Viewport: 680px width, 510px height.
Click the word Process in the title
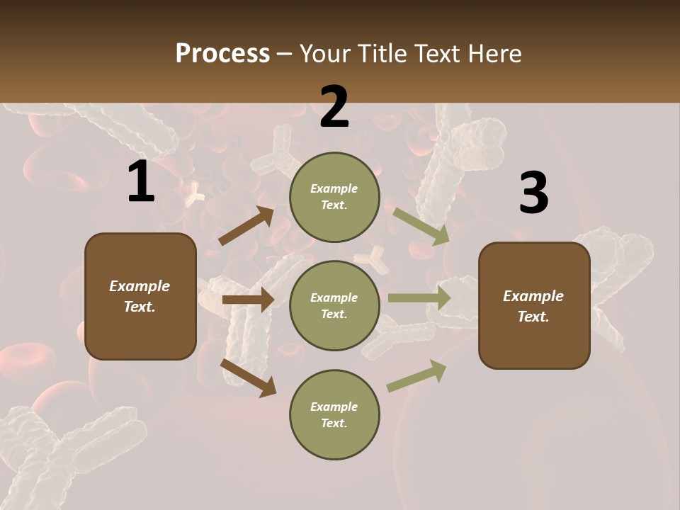click(x=222, y=54)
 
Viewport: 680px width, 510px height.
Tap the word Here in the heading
click(x=494, y=54)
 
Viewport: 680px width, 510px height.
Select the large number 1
click(x=141, y=182)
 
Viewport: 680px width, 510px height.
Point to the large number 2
click(x=334, y=107)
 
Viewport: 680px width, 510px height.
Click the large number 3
click(x=533, y=193)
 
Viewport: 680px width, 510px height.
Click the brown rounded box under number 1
click(x=140, y=296)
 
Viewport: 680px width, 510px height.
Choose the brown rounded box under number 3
click(x=534, y=306)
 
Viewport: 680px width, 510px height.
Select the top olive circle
click(x=334, y=197)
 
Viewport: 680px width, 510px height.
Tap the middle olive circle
click(x=334, y=306)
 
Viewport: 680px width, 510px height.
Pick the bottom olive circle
click(x=334, y=415)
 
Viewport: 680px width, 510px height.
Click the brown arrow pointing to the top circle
click(x=246, y=226)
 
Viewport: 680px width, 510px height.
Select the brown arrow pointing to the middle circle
click(x=248, y=300)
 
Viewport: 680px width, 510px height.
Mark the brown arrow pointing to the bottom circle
click(x=249, y=378)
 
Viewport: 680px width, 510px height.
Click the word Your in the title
click(x=323, y=54)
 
